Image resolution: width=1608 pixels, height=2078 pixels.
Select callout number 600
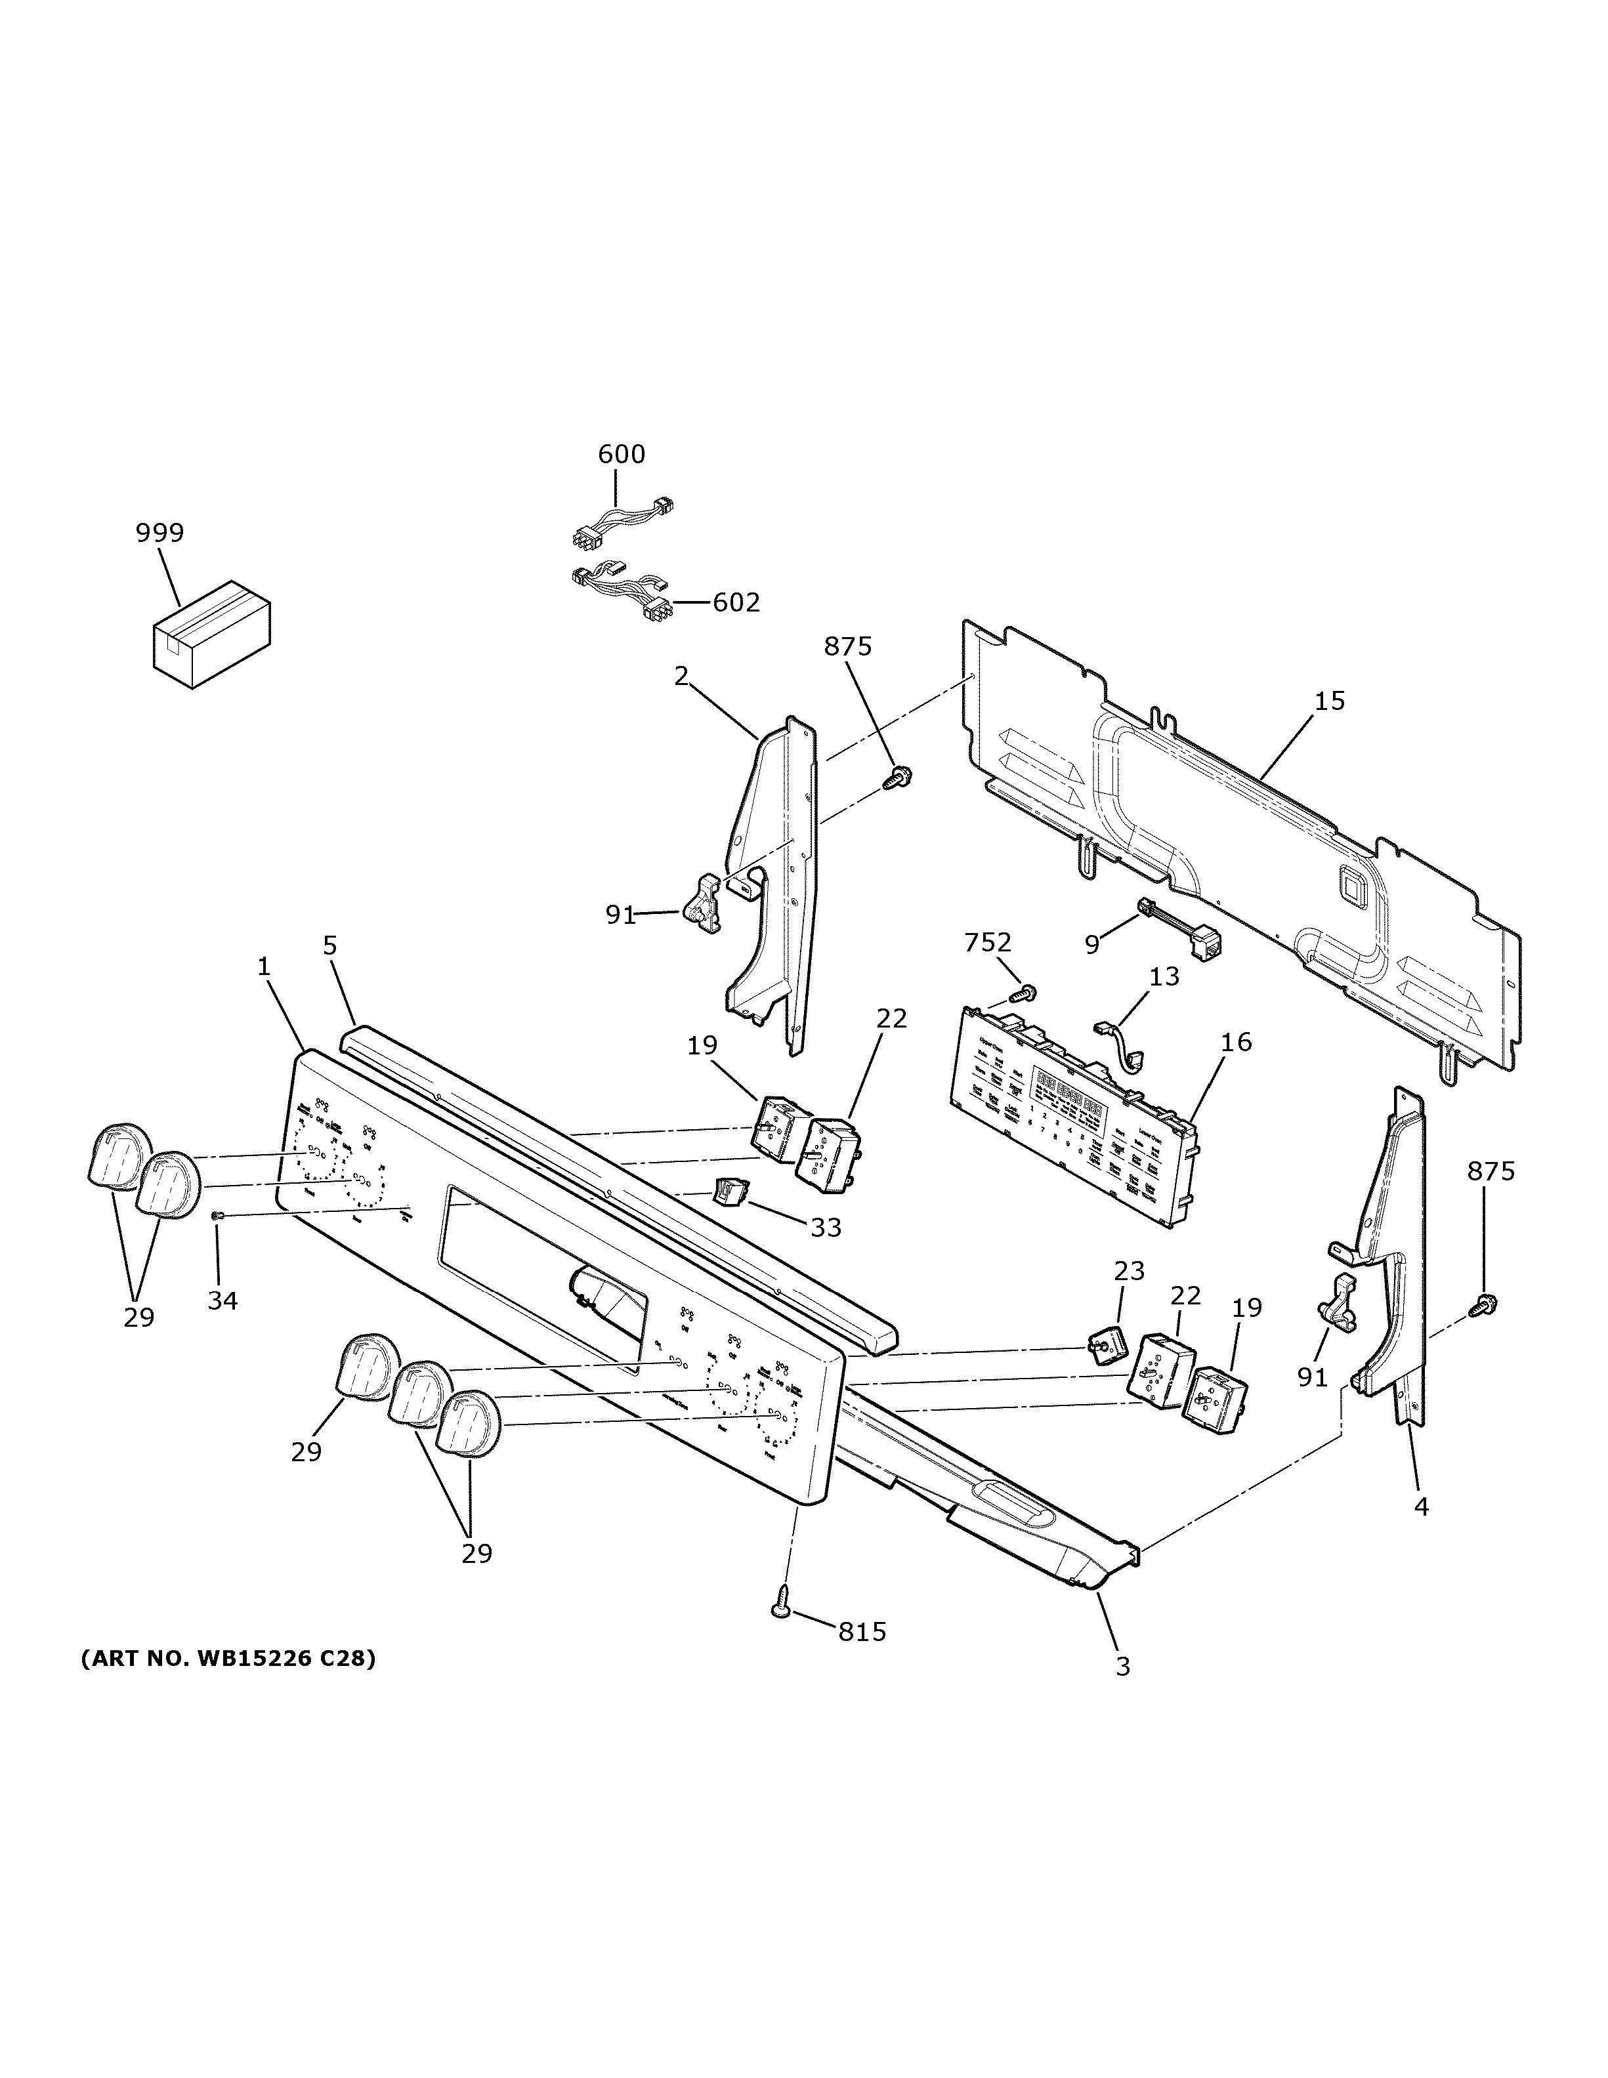click(622, 454)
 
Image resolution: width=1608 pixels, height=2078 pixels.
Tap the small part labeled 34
click(218, 1216)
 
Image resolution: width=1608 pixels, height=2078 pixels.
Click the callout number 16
click(1236, 1042)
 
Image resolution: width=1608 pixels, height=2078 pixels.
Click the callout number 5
click(329, 945)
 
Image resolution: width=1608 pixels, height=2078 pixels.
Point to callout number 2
click(681, 676)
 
